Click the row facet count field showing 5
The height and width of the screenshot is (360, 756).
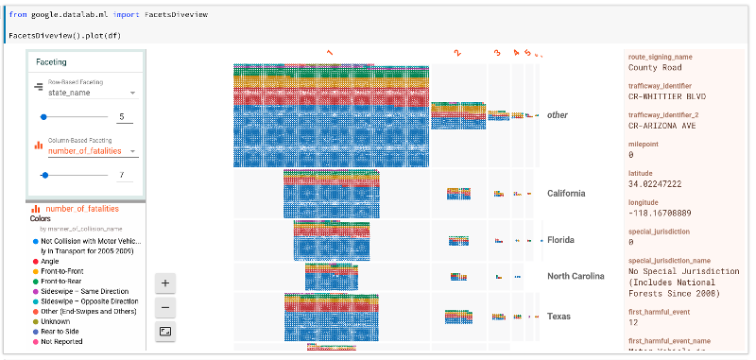(x=124, y=117)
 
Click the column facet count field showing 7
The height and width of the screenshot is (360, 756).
(x=124, y=175)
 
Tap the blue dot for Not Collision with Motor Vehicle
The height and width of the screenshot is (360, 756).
(x=35, y=241)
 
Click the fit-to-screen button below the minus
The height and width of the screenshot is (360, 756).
(x=165, y=331)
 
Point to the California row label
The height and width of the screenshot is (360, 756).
(x=565, y=194)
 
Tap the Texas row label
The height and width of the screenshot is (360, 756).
(x=559, y=316)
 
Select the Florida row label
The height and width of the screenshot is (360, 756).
(x=560, y=240)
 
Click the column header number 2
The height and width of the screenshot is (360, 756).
(x=457, y=54)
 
